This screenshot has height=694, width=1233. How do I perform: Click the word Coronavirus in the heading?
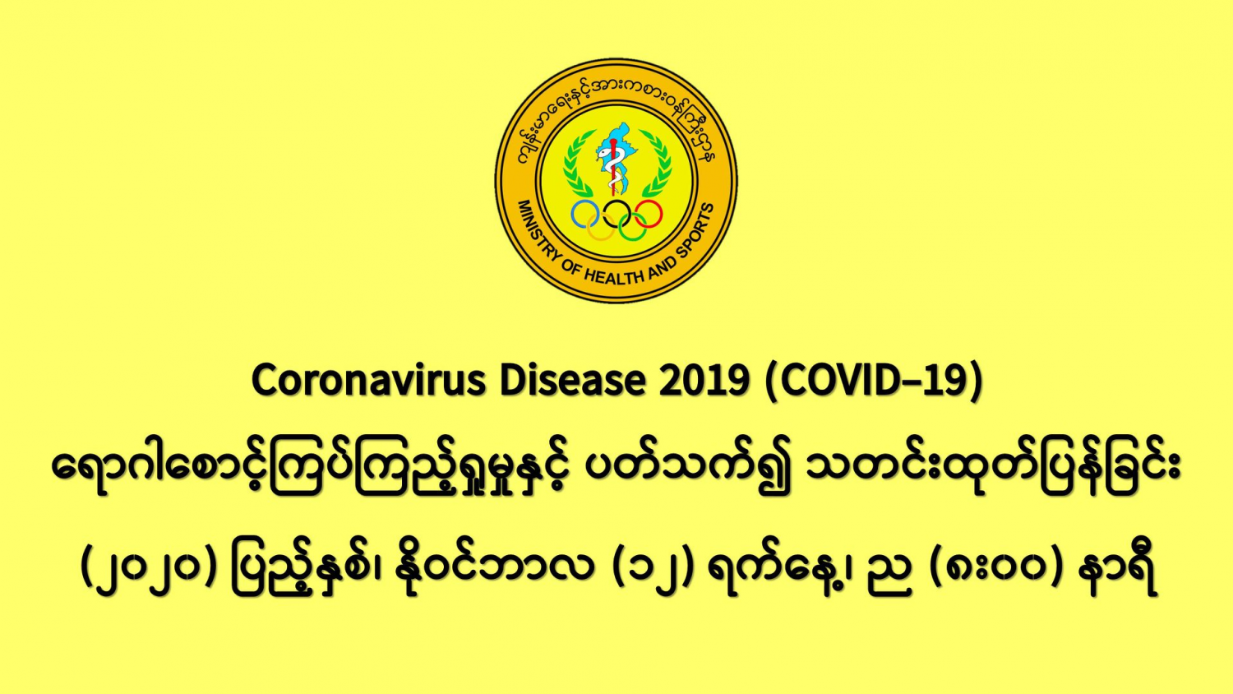pos(369,380)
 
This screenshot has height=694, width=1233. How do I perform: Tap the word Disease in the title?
pos(572,380)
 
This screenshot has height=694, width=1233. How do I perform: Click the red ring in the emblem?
pos(662,215)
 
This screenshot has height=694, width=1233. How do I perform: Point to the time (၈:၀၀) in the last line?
pos(995,568)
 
